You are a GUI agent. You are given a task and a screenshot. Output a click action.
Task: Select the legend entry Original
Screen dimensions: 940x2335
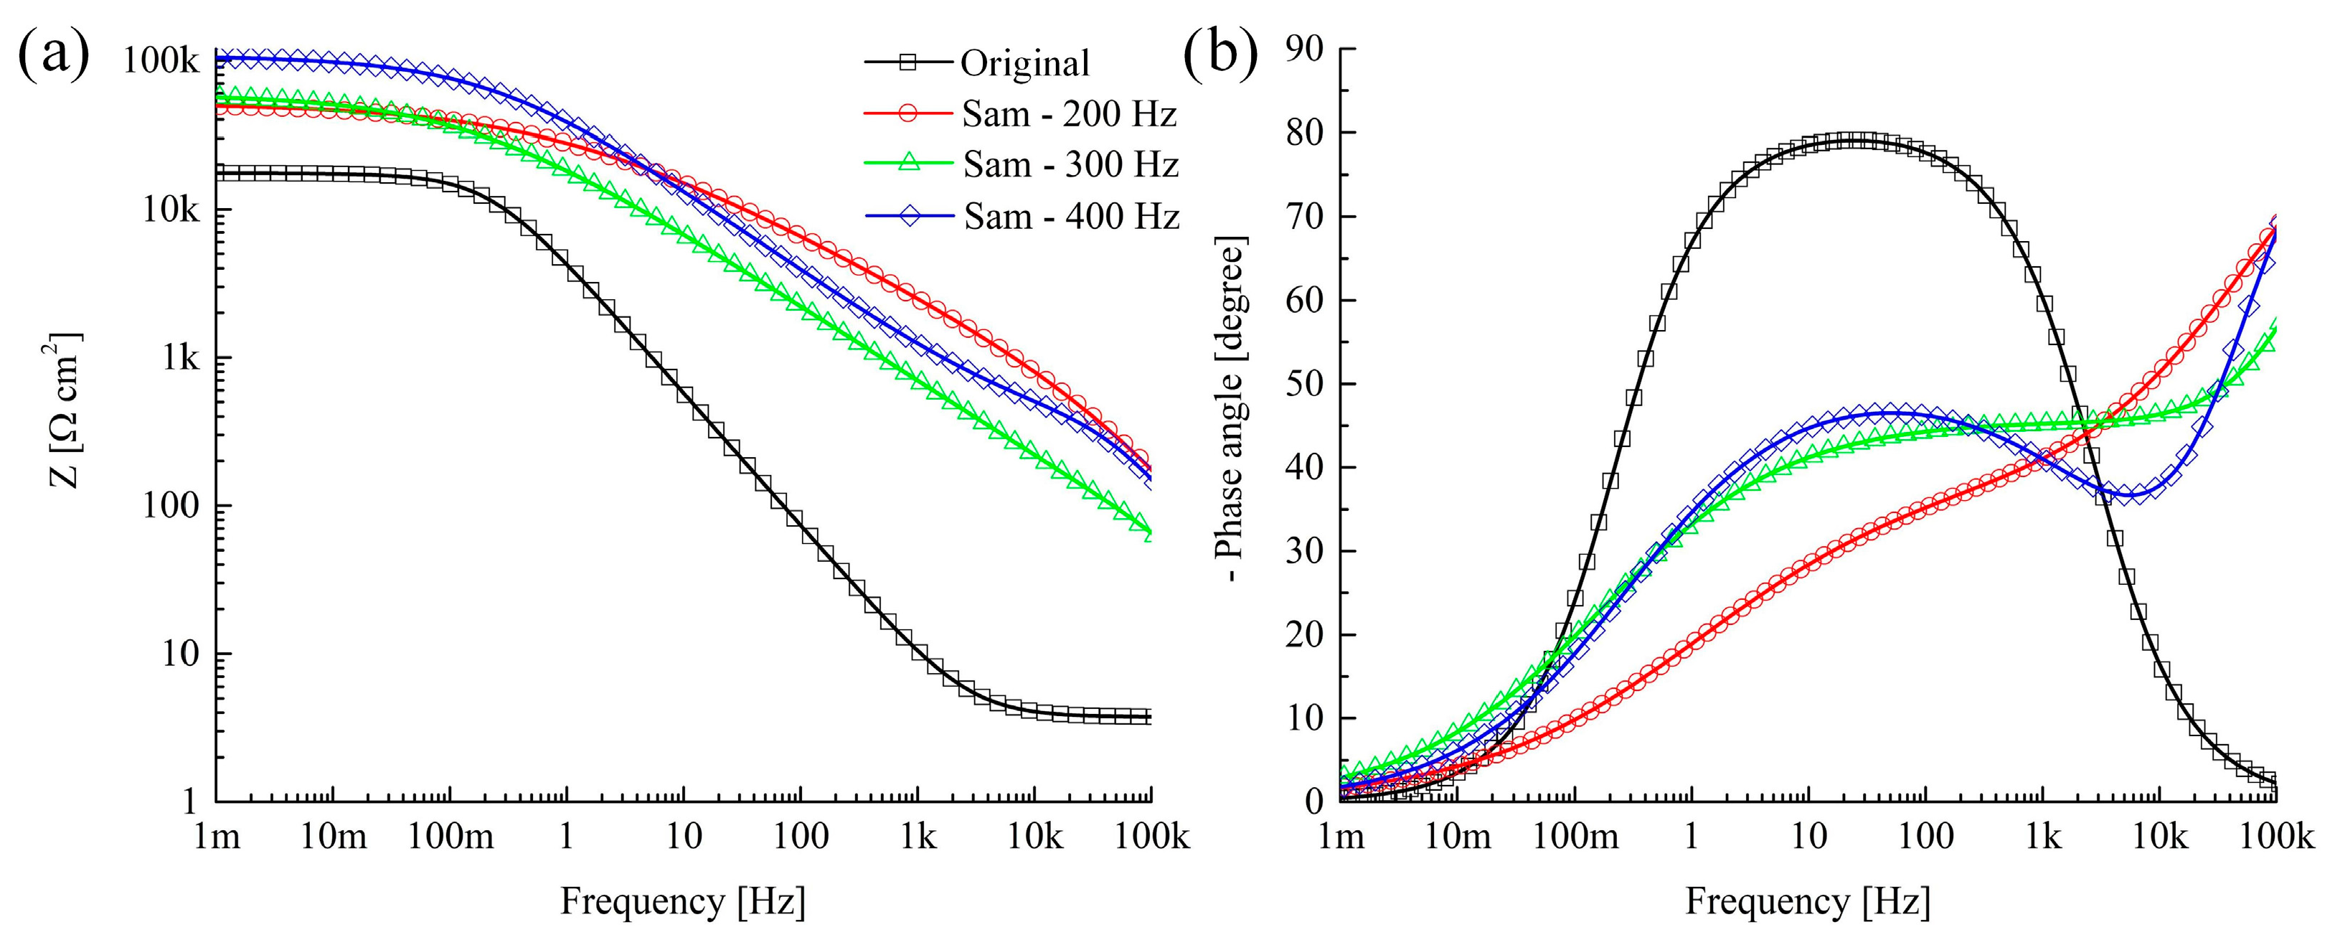[1024, 63]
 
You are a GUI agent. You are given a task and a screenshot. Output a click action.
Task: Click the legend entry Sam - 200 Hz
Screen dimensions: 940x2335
[1069, 114]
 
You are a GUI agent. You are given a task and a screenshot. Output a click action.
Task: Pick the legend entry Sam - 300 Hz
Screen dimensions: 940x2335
[1070, 165]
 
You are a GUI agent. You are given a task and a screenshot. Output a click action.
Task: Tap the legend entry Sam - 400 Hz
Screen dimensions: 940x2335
[1070, 217]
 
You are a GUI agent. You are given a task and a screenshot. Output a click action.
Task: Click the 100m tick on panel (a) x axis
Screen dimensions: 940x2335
[451, 836]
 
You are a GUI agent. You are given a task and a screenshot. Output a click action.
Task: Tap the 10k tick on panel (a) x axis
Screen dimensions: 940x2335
[1034, 836]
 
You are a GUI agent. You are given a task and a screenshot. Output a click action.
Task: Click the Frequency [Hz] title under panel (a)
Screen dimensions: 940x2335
[682, 902]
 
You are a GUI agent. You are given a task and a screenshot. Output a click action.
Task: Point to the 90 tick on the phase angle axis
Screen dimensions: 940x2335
[1306, 49]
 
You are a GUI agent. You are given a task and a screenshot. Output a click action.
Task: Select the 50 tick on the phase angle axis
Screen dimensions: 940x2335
[1306, 383]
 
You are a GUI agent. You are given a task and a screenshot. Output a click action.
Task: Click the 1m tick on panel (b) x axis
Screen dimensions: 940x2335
[1341, 836]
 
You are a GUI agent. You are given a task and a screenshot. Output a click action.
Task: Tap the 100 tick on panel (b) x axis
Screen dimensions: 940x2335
[1925, 836]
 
